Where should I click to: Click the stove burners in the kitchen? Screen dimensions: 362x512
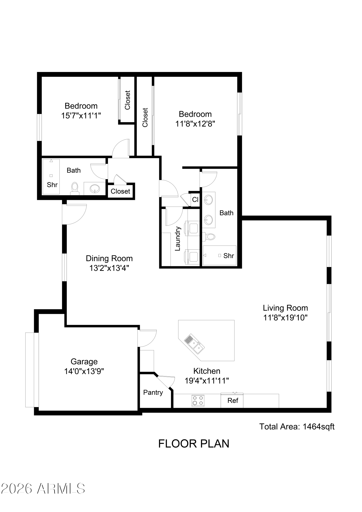[198, 401]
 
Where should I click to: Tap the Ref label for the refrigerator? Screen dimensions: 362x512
[233, 401]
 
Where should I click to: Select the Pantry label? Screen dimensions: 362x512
[153, 392]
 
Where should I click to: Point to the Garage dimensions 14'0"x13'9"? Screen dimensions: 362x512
[84, 371]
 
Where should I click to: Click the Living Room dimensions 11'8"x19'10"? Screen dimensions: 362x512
[285, 318]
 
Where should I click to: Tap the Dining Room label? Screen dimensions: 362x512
[109, 259]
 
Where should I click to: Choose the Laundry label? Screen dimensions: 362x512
[178, 239]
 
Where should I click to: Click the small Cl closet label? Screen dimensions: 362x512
[195, 199]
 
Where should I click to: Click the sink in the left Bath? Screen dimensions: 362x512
[95, 189]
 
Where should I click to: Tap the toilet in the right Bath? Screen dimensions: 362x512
[209, 236]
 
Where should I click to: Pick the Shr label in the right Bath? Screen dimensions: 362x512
[229, 255]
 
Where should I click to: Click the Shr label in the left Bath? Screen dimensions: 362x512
[52, 185]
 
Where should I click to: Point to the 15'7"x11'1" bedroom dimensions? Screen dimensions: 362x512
[81, 116]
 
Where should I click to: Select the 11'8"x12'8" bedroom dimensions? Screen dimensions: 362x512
[195, 124]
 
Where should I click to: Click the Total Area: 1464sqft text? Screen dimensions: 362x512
[297, 426]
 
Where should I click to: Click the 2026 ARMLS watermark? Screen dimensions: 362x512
[43, 489]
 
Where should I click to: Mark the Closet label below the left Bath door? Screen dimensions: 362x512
[120, 191]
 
